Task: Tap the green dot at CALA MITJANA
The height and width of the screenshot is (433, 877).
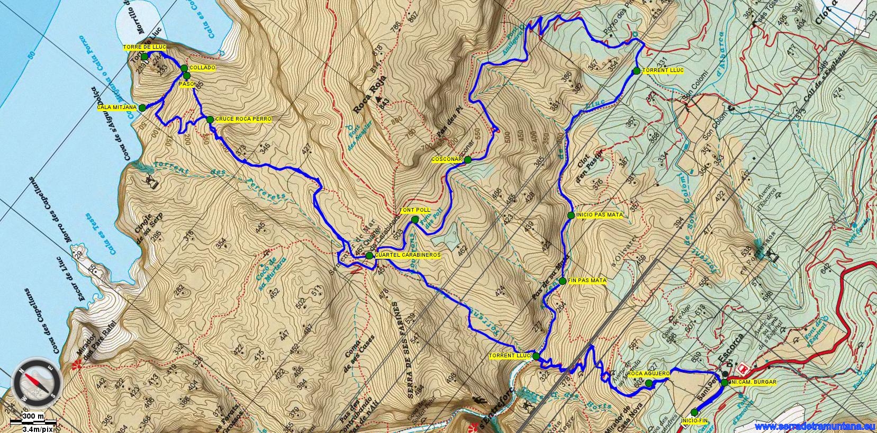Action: (x=142, y=107)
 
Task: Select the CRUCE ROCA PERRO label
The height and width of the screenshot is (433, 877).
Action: (x=243, y=120)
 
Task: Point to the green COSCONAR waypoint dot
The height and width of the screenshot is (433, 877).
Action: (x=468, y=159)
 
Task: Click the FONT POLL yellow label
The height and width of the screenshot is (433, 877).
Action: (x=414, y=210)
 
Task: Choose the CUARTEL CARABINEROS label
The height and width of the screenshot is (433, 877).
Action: (x=407, y=255)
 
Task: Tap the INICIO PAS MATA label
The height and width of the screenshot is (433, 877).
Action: (x=599, y=215)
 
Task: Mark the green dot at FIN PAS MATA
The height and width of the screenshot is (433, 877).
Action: (x=563, y=281)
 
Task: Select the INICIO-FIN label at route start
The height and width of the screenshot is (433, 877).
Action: (x=695, y=420)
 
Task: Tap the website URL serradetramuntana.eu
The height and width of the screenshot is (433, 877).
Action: (x=815, y=426)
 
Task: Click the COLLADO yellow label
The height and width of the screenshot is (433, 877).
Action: (x=202, y=68)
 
